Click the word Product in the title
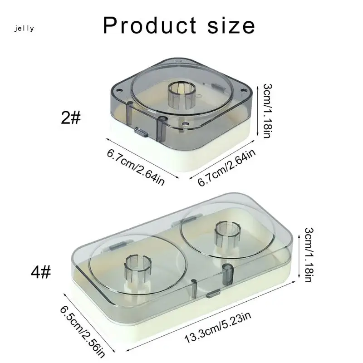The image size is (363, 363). (150, 25)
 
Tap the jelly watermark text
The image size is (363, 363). (24, 29)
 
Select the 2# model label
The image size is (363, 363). (71, 118)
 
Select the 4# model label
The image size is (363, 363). (41, 272)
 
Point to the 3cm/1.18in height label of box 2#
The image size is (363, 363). (267, 111)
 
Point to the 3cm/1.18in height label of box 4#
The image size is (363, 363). (309, 255)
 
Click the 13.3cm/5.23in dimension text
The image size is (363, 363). (218, 327)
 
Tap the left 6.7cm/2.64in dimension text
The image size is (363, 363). (136, 167)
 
